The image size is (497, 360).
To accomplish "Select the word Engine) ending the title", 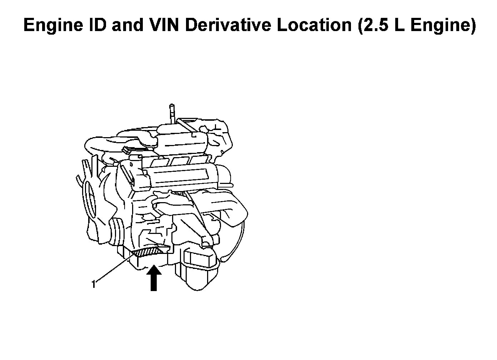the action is (442, 26).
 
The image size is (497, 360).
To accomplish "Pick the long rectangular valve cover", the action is (182, 175).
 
